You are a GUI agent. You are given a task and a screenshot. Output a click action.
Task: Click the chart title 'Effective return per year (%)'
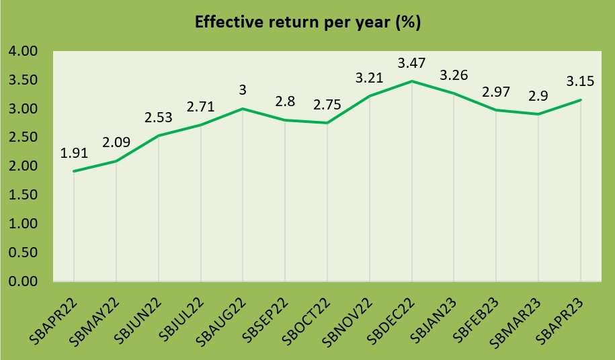click(x=307, y=22)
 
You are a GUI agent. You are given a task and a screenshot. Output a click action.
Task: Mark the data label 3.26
click(x=454, y=75)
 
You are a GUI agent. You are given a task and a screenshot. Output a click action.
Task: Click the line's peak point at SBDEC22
click(x=411, y=81)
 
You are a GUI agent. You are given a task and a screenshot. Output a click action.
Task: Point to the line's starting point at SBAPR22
click(x=73, y=171)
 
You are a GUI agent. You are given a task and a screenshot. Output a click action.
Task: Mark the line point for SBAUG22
click(x=243, y=108)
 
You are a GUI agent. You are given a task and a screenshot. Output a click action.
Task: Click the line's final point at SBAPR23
click(x=581, y=100)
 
